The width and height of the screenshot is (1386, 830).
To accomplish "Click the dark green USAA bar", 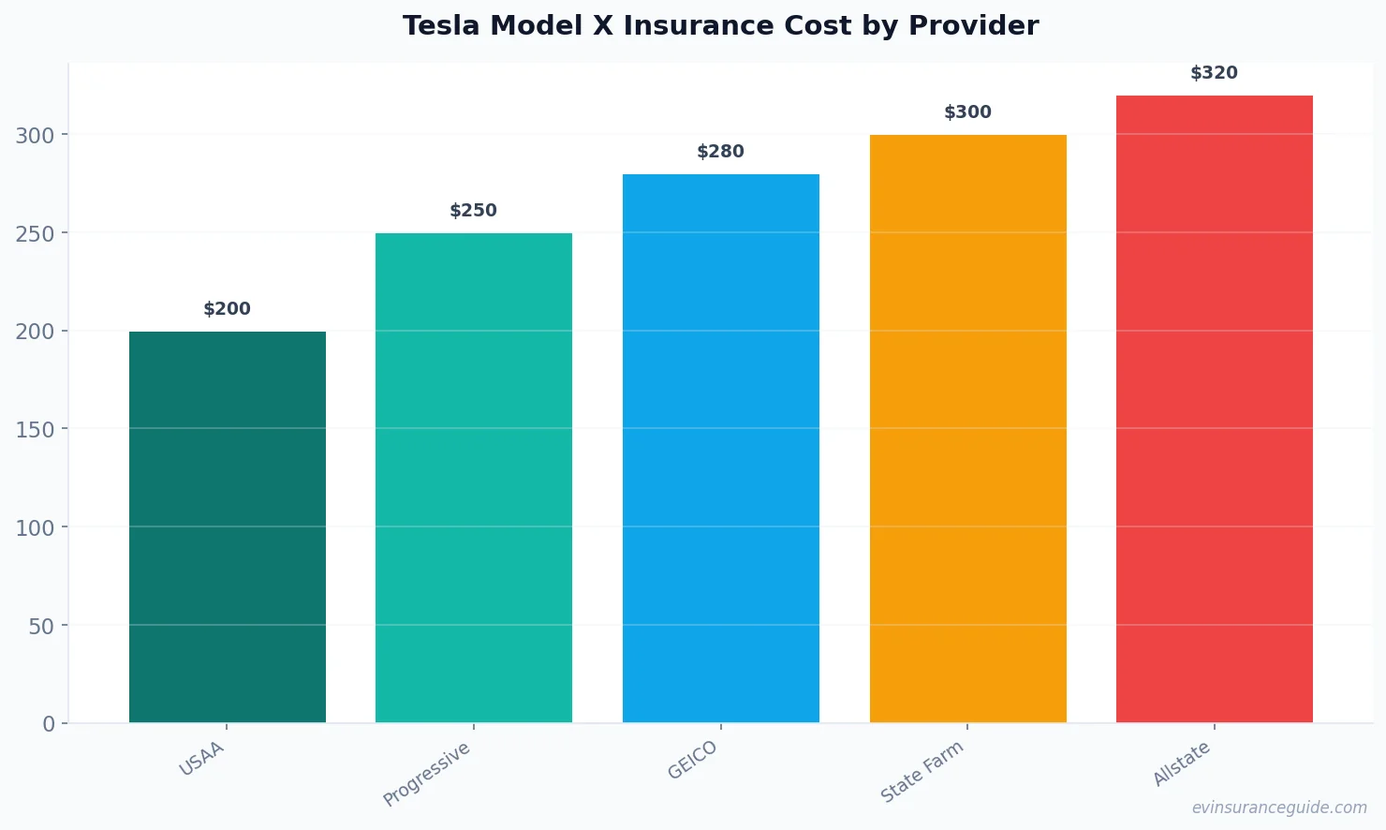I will tap(228, 526).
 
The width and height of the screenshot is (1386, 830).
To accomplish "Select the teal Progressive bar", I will tap(474, 478).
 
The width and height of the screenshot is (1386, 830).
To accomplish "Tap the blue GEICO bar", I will tap(721, 448).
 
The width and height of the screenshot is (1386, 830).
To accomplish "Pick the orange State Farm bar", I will tap(967, 428).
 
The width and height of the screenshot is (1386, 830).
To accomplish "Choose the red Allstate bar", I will tap(1214, 408).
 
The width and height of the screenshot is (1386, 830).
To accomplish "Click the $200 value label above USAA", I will tap(228, 309).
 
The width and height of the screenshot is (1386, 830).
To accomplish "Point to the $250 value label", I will tap(474, 211).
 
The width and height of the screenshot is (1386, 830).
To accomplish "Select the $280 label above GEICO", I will tap(721, 152).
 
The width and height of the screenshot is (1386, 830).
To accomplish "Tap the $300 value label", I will tap(967, 112).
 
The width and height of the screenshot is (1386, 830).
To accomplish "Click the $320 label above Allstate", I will tap(1214, 73).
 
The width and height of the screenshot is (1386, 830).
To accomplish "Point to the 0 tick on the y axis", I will tap(49, 724).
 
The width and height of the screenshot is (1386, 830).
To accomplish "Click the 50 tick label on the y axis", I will tap(42, 626).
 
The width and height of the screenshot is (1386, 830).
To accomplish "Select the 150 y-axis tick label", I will tap(36, 430).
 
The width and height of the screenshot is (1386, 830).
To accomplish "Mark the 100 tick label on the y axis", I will tap(36, 528).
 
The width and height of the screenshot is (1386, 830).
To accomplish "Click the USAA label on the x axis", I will tap(202, 759).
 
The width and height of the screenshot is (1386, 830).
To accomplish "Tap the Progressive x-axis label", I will tap(427, 774).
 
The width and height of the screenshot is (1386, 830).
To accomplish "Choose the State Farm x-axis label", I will tap(922, 772).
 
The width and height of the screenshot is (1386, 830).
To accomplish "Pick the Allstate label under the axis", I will tap(1182, 763).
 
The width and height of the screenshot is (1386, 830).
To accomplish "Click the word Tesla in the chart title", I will tap(441, 26).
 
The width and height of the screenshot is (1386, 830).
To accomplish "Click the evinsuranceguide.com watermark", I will tap(1279, 808).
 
